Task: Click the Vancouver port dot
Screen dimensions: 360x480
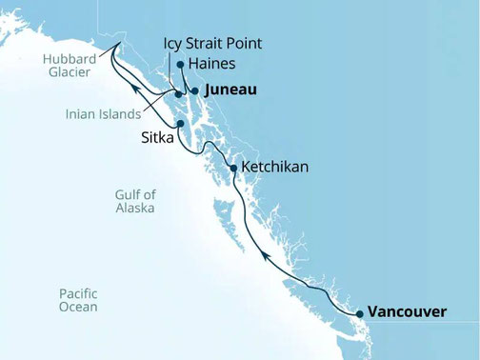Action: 359,313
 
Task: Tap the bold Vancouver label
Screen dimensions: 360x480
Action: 408,311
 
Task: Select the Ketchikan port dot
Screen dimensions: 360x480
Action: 233,168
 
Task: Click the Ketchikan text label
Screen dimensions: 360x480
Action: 276,167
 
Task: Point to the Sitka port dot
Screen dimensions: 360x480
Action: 180,123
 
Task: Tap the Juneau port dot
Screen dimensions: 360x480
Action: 194,90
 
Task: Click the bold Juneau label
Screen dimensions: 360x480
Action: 231,90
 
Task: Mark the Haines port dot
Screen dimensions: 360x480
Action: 180,65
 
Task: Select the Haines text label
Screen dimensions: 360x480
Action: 212,64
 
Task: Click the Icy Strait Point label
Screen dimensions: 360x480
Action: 211,44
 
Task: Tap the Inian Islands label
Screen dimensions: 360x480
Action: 103,114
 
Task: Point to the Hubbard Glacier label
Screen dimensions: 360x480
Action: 70,65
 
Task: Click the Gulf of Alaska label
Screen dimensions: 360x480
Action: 135,200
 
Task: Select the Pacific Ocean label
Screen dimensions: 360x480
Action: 78,300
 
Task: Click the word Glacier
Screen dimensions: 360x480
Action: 70,72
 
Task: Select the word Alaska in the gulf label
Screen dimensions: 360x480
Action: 135,208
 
